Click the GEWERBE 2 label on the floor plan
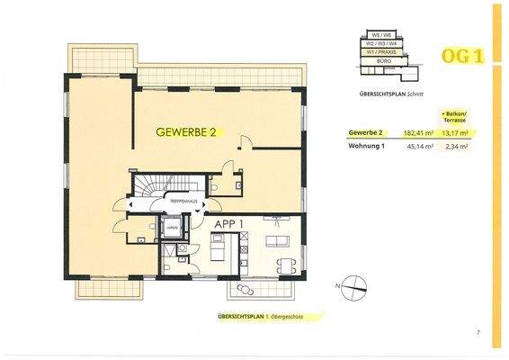(186, 132)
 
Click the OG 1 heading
(463, 56)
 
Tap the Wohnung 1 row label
(366, 147)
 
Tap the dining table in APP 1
(285, 265)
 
